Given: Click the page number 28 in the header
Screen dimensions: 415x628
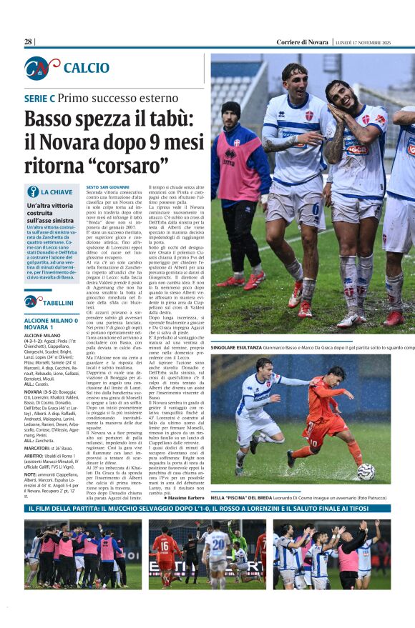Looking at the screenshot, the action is [x=29, y=42].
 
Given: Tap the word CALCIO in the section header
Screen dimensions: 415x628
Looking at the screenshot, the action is [x=87, y=68].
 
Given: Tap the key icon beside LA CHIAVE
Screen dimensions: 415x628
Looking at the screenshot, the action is [x=32, y=191].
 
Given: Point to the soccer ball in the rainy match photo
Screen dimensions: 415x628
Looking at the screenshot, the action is [x=366, y=471].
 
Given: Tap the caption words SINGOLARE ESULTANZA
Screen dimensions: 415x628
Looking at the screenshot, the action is [x=237, y=347].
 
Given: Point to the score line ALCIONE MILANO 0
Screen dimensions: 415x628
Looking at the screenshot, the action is [x=51, y=322].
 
